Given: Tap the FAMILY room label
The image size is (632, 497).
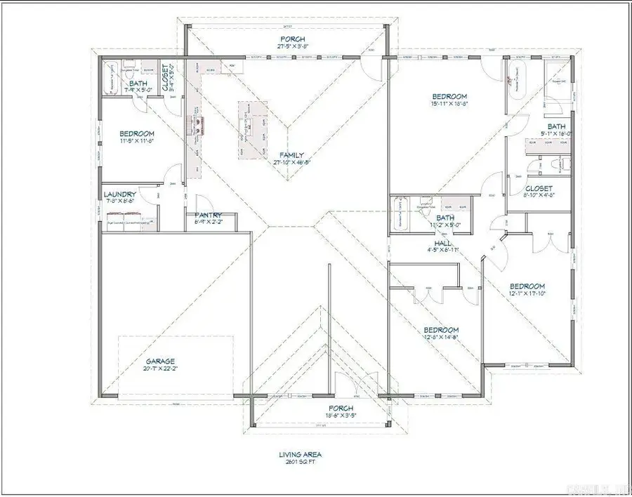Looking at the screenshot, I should pos(291,154).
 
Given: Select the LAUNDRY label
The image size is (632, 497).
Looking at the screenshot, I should pos(119,194).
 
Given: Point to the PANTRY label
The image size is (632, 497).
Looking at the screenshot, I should pos(209,216).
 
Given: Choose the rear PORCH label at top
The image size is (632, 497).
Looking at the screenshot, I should pos(293,39).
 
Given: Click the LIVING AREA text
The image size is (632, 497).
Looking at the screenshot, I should pos(300,454).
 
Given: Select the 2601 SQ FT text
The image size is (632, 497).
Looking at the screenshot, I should pos(300,463).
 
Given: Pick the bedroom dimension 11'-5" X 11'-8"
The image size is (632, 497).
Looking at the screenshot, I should pos(136,140).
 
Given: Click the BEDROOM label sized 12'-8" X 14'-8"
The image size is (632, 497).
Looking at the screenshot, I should pos(441,330).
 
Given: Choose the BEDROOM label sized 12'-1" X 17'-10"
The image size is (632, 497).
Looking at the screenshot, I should pos(527,286).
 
